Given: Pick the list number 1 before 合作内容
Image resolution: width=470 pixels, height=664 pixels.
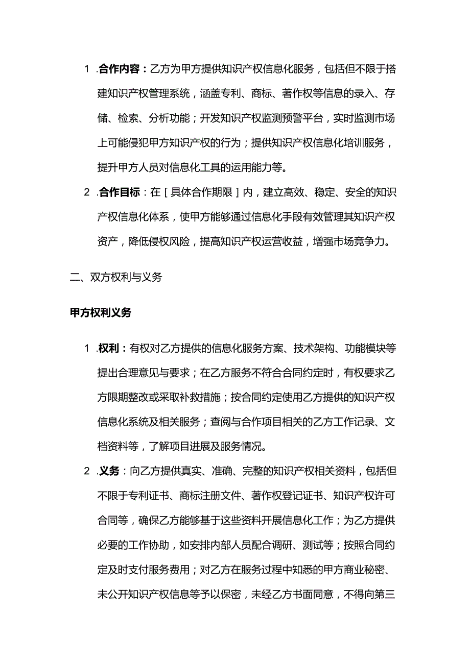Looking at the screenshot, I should tap(87, 69).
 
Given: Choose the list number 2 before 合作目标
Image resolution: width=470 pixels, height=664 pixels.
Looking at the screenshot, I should tap(87, 192).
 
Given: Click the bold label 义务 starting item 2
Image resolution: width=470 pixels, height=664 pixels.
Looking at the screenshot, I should tap(109, 472).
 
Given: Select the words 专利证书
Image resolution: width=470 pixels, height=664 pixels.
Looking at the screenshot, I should tap(144, 496).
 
